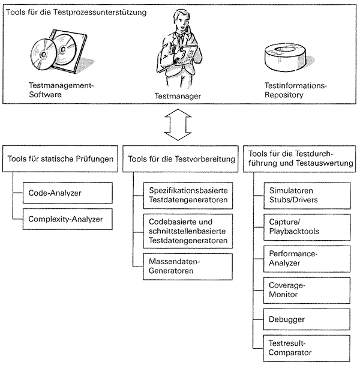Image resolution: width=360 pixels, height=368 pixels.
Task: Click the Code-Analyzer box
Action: [x=68, y=193]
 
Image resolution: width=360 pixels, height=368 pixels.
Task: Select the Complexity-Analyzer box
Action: [x=68, y=219]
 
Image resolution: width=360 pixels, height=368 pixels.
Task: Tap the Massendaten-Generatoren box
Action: [x=188, y=267]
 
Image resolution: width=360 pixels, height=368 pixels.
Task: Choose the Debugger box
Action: [x=307, y=319]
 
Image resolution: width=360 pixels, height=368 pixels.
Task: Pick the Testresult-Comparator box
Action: [x=307, y=348]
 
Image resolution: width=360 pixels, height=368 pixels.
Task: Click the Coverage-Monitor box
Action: [x=307, y=290]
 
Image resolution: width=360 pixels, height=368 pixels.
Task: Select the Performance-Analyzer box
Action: [x=307, y=259]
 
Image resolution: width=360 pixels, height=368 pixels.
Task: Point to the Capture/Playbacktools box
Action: [x=307, y=227]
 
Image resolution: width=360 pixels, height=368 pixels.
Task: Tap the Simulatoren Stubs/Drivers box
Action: [x=307, y=196]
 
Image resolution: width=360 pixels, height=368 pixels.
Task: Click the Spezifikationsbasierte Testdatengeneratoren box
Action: [x=188, y=196]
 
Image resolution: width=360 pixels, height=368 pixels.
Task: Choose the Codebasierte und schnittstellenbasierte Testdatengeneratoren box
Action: [x=188, y=231]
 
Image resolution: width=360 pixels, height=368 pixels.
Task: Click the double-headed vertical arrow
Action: [x=178, y=125]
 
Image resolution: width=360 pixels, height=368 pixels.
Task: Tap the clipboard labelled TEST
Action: [x=187, y=56]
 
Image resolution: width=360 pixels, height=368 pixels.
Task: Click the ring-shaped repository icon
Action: [x=286, y=58]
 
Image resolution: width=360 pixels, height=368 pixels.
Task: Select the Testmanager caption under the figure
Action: [x=178, y=96]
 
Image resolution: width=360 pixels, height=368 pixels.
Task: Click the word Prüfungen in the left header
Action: [x=95, y=159]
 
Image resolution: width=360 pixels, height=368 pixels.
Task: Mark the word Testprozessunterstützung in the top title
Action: [x=100, y=12]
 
